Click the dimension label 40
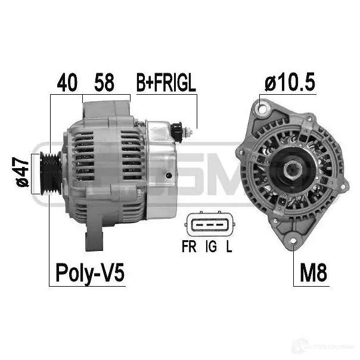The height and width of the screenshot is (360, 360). click(67, 83)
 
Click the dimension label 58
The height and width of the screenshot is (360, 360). click(104, 83)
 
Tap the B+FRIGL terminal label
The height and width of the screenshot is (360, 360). click(166, 83)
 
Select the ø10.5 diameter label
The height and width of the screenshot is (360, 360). click(290, 82)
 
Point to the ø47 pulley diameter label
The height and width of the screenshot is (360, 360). click(22, 172)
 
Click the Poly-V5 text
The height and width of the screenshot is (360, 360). click(90, 272)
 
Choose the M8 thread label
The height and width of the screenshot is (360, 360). click(313, 273)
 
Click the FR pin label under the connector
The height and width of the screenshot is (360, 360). click(189, 246)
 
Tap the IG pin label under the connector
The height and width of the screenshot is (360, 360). click(211, 246)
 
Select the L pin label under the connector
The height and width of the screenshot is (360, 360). click(229, 246)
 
